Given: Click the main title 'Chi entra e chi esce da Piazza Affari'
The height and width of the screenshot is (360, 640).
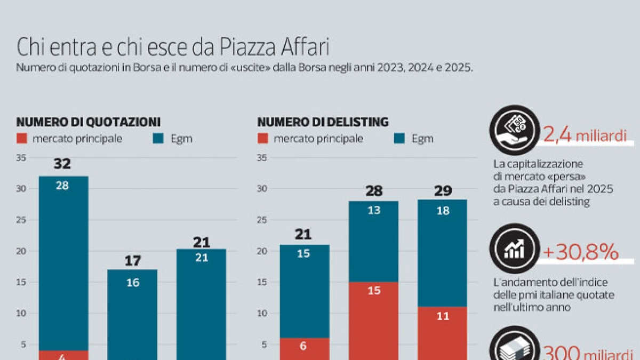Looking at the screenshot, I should tap(173, 47).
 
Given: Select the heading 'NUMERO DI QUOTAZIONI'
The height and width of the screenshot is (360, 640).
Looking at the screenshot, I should tap(89, 122).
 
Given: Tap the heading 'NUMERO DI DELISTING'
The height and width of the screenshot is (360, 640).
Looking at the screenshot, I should tap(323, 122).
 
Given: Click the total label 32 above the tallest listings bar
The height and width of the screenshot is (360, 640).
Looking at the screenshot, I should tap(62, 164).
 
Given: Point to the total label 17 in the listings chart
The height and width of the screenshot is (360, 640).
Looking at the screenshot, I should tap(132, 261).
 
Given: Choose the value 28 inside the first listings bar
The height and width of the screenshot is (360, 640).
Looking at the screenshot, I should tap(63, 186).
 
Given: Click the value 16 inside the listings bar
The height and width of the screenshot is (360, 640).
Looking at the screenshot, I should tap(132, 283).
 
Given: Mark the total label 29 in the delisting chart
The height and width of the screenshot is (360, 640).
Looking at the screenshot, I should tap(443, 190).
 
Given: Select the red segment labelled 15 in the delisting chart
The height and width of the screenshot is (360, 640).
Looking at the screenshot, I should tap(373, 320).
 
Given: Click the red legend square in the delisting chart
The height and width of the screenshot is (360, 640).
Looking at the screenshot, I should tap(262, 139).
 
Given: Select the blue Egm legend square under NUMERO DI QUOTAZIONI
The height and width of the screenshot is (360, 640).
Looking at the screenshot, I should tap(158, 139).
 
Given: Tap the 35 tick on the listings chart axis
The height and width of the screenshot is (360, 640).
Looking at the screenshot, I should tap(21, 157).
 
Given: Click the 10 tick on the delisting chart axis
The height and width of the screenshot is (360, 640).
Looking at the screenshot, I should tap(262, 313).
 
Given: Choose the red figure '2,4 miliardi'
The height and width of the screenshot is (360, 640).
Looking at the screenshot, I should tap(584, 136).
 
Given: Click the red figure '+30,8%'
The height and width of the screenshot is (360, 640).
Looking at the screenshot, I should tap(580, 252).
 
